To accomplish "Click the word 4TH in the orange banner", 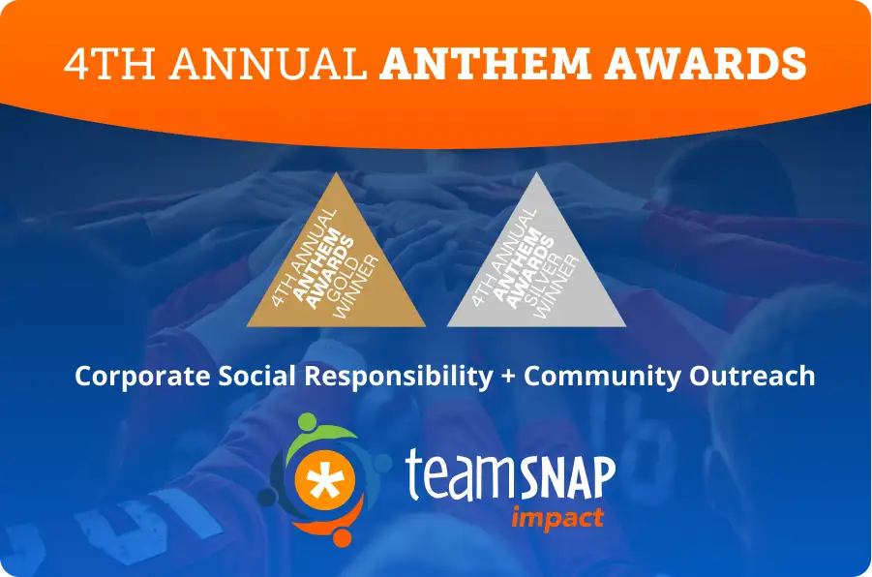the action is (109, 64).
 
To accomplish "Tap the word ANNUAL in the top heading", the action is (268, 64).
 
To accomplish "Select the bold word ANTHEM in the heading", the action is (485, 64).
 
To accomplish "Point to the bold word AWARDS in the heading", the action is (706, 64).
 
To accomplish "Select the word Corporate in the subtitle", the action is (142, 377).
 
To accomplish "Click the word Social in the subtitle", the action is (256, 376).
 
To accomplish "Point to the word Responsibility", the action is (398, 377).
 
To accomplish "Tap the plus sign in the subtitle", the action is (508, 377).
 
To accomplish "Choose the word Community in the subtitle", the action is (602, 377).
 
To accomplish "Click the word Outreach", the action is (752, 376).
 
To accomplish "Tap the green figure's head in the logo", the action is (307, 422).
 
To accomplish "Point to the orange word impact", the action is (557, 519).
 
